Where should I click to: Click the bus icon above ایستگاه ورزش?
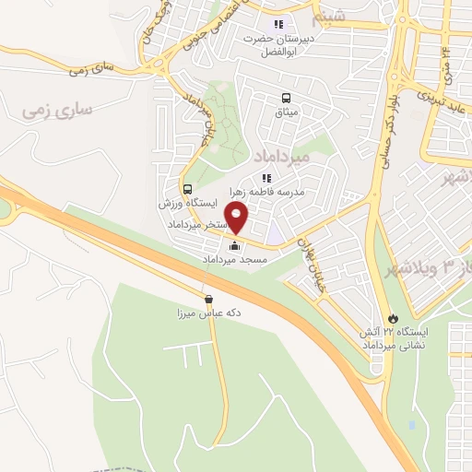pyautogui.click(x=188, y=187)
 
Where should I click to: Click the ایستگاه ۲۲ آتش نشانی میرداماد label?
pyautogui.click(x=395, y=338)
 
